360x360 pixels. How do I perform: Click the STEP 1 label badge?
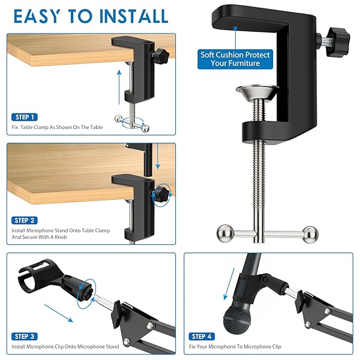[24, 117]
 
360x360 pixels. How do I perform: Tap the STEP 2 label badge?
[24, 220]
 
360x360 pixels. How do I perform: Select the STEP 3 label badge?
[24, 337]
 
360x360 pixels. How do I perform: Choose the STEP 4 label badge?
[202, 337]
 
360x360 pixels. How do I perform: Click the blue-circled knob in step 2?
[160, 193]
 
